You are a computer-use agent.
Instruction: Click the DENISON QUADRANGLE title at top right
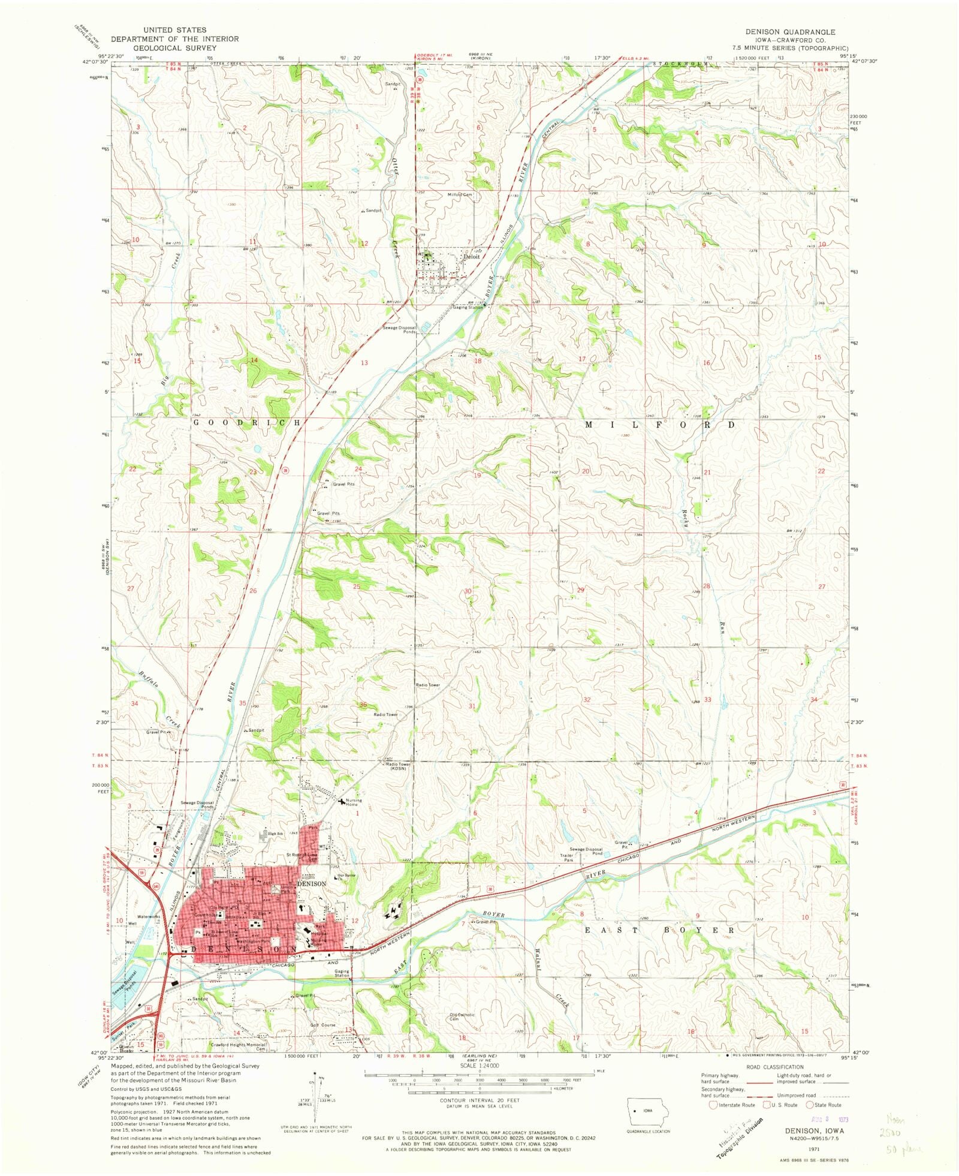(x=790, y=32)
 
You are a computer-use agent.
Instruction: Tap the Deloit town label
(x=471, y=257)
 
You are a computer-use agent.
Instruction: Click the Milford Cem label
(x=460, y=195)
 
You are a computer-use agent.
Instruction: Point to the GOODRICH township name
(x=246, y=423)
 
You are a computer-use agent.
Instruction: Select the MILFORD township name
(x=660, y=424)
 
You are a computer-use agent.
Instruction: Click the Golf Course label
(x=323, y=1025)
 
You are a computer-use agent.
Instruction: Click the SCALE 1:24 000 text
(x=479, y=1065)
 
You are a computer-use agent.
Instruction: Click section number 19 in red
(x=478, y=475)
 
